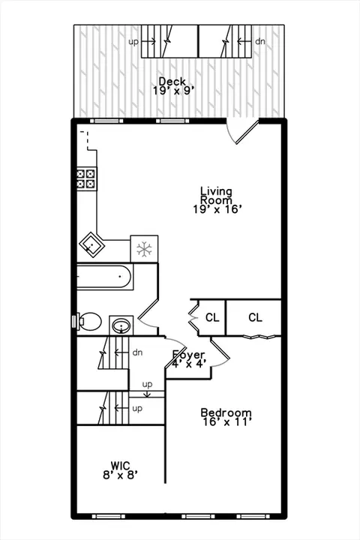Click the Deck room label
[x=172, y=82]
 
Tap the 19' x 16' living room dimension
[x=216, y=209]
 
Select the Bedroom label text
[x=226, y=412]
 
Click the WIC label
[x=120, y=466]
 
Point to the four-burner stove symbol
[x=86, y=178]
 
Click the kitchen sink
[x=92, y=244]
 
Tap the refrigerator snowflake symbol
[x=144, y=249]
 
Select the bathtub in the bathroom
[x=104, y=277]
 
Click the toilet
[x=89, y=322]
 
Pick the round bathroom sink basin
[x=121, y=325]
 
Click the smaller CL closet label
[x=212, y=317]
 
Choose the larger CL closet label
[x=255, y=317]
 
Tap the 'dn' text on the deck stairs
[x=260, y=41]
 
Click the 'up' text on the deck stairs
[x=133, y=42]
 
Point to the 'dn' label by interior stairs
[x=137, y=352]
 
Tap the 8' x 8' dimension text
[x=121, y=475]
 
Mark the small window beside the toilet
[x=73, y=321]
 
